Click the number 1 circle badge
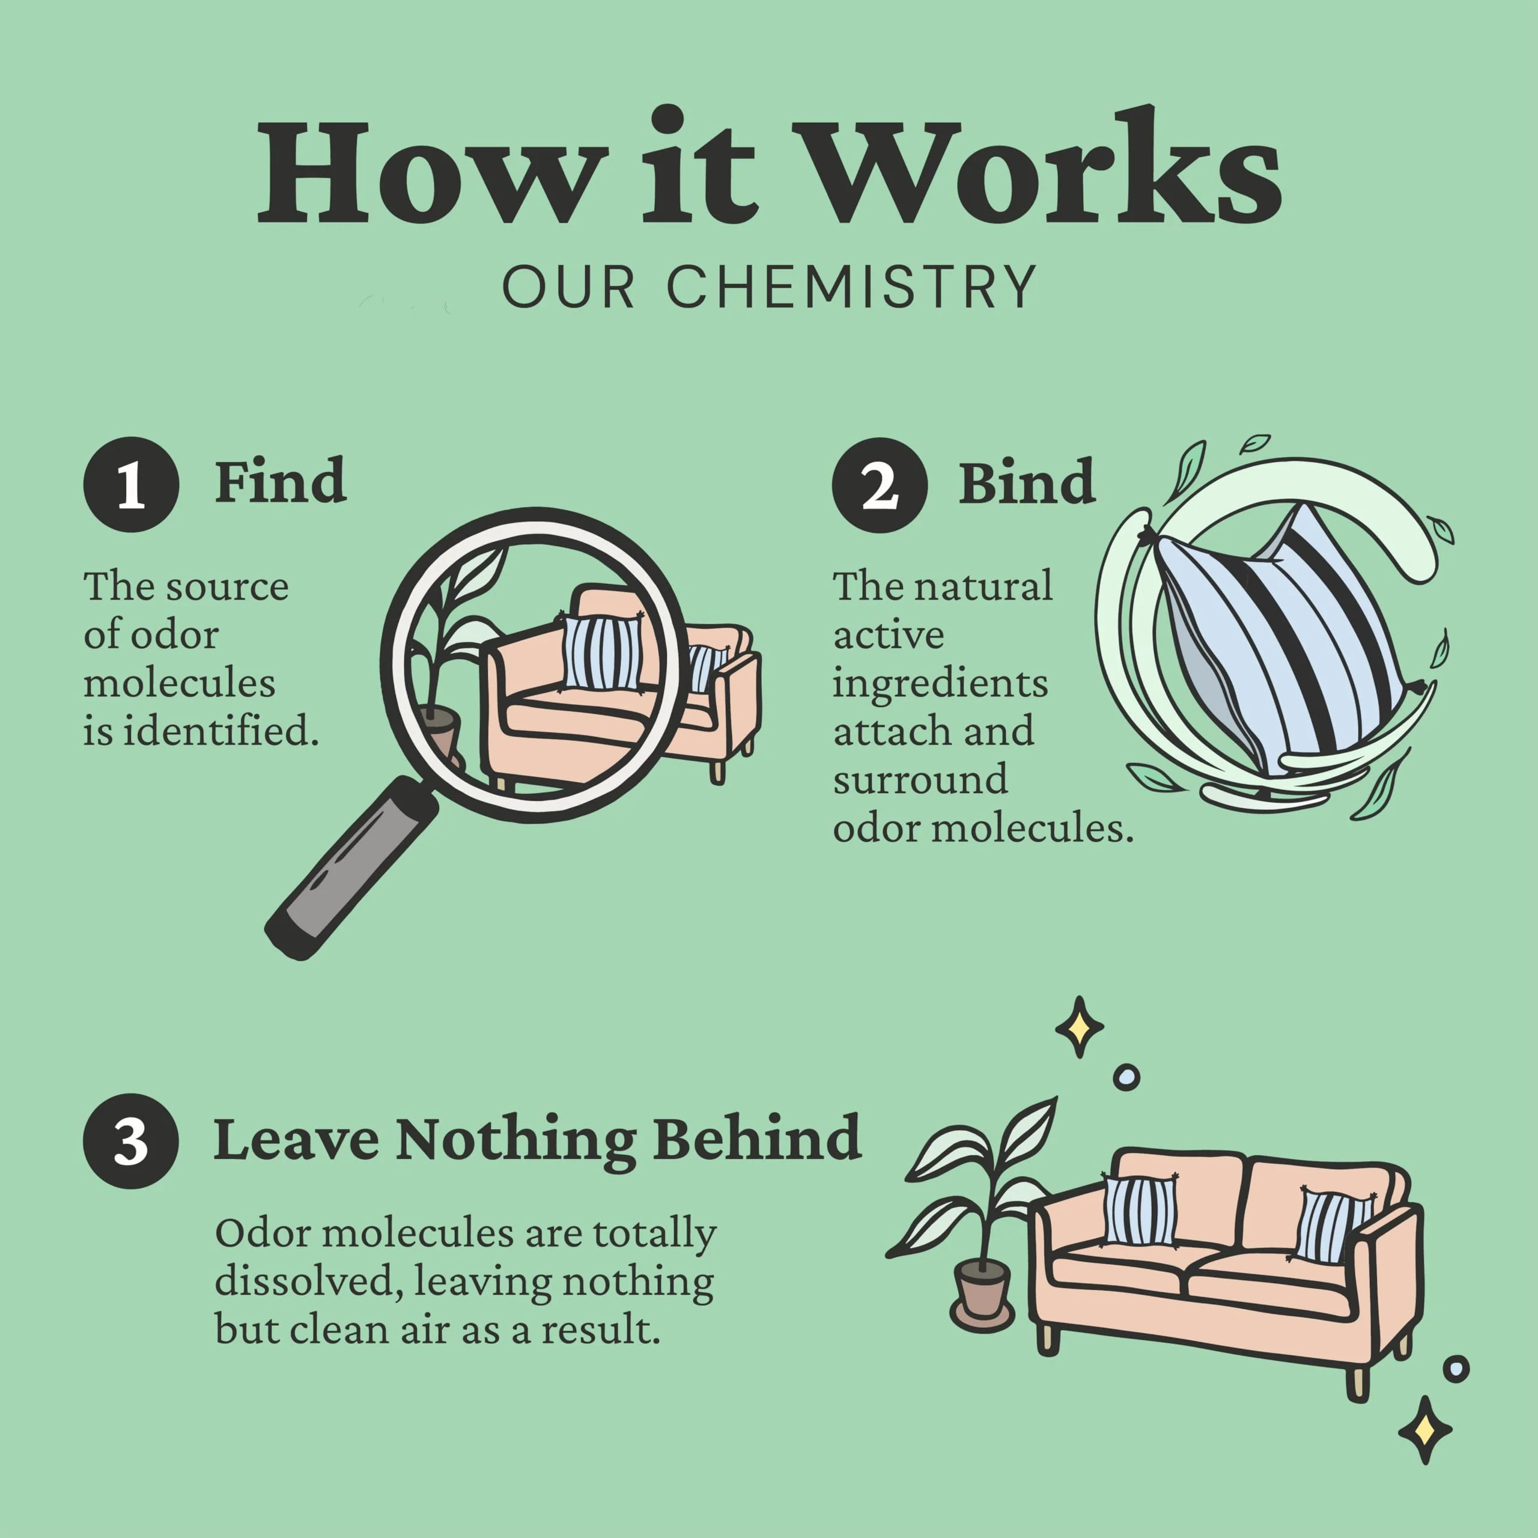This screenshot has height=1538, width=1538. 132,484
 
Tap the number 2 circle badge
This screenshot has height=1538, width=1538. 880,484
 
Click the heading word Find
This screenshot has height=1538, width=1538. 280,482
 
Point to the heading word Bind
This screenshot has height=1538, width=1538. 1027,482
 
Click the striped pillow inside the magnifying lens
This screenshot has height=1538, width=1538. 603,653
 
